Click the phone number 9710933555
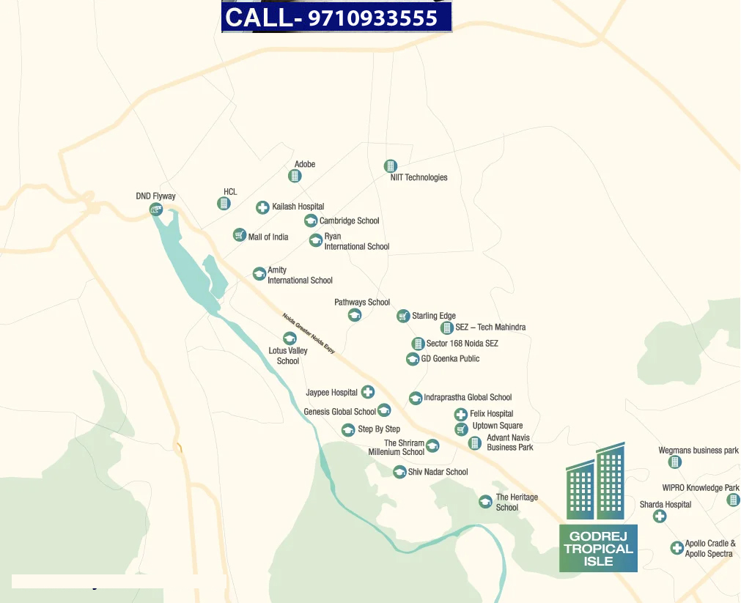click(x=373, y=18)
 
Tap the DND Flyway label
click(x=156, y=196)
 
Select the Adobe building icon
click(x=295, y=176)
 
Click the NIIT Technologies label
click(x=419, y=177)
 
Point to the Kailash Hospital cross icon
click(x=262, y=207)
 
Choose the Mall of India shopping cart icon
click(x=239, y=235)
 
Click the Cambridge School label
click(x=349, y=221)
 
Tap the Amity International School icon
click(x=259, y=273)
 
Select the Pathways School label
click(x=362, y=302)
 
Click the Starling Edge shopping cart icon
click(x=402, y=316)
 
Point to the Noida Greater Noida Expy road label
click(x=309, y=334)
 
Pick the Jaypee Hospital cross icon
click(x=368, y=393)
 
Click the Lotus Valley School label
click(x=288, y=355)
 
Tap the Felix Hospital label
click(x=491, y=414)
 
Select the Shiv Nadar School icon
click(x=399, y=472)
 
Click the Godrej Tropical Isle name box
click(x=598, y=548)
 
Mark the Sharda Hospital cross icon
click(x=660, y=516)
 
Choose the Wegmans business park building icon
click(x=675, y=462)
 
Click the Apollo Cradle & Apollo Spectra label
click(x=709, y=549)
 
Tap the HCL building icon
click(x=224, y=204)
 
